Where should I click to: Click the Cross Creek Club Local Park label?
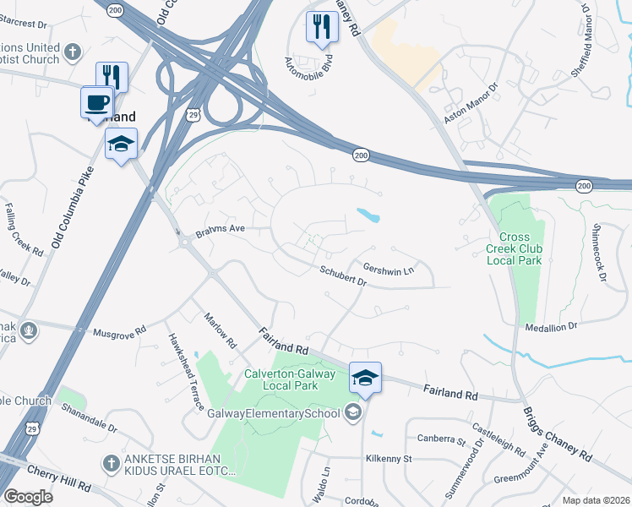click(515, 248)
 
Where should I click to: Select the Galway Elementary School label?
click(274, 412)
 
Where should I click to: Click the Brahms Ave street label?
click(220, 229)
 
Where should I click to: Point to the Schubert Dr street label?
click(342, 275)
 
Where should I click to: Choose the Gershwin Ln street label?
click(388, 268)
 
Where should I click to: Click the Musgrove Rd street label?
click(119, 332)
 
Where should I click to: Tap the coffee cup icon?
click(96, 102)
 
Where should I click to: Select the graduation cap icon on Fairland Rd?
click(365, 378)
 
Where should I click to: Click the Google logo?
click(27, 497)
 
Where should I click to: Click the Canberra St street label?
click(441, 439)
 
